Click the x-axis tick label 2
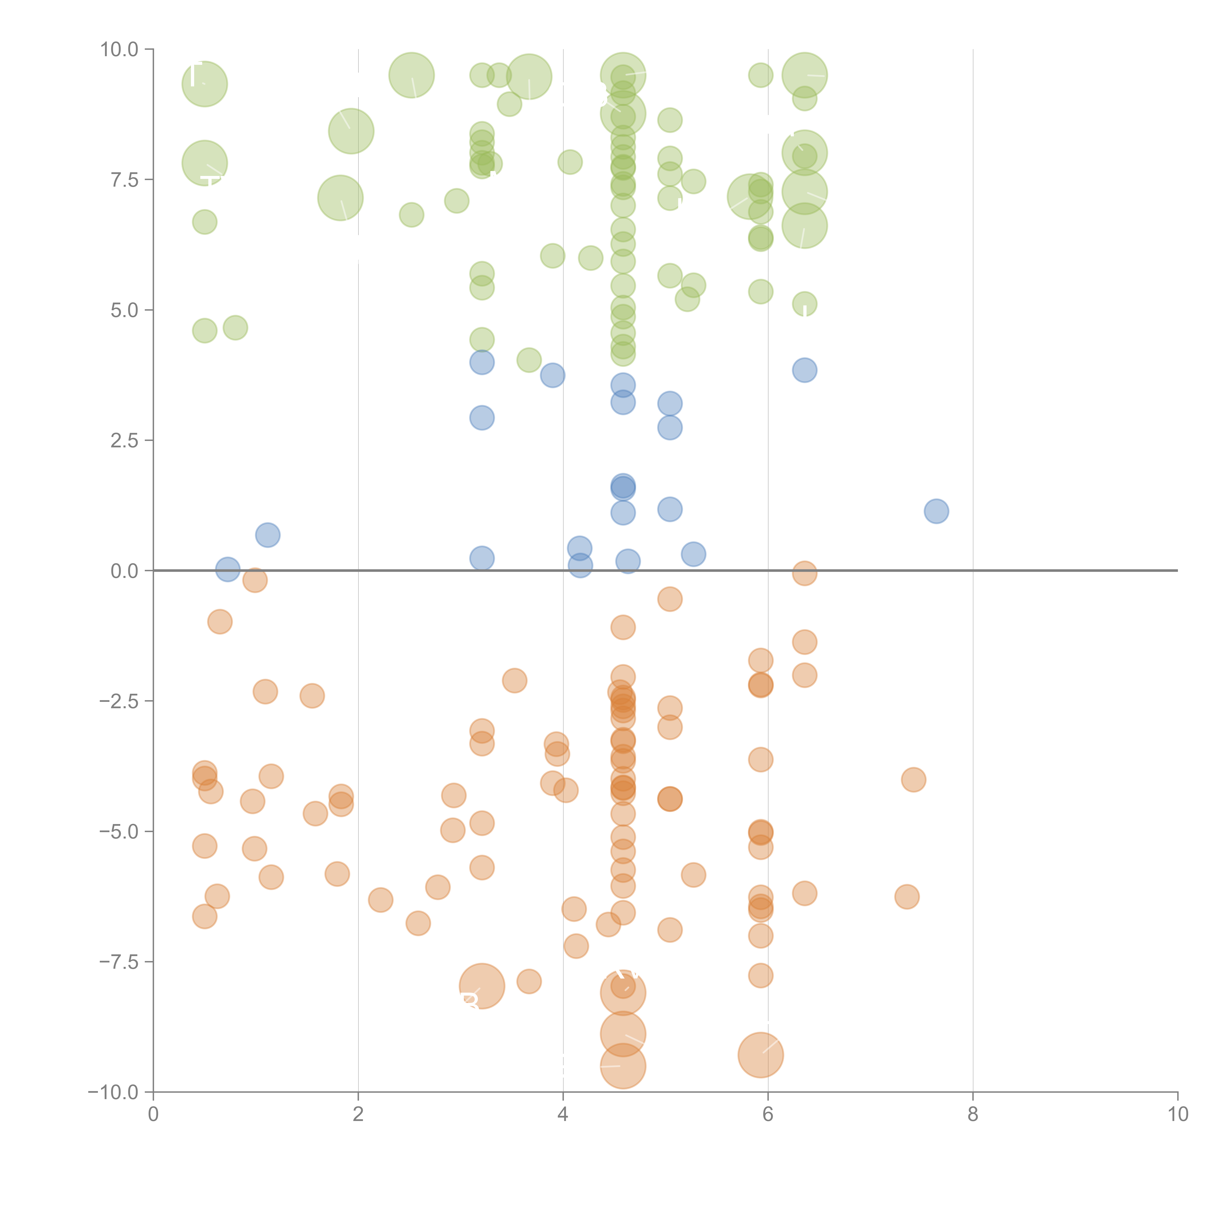(x=358, y=1115)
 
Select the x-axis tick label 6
(x=768, y=1115)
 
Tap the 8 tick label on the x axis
(x=973, y=1115)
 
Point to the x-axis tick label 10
(x=1177, y=1115)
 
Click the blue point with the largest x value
(x=936, y=511)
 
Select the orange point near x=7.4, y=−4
(x=913, y=780)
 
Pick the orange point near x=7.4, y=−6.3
(x=907, y=897)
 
